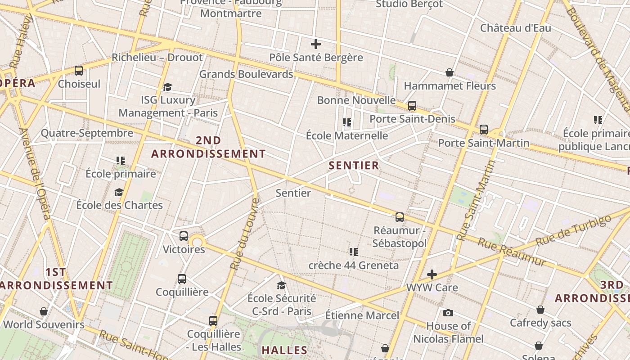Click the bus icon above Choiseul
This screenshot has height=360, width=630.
point(79,70)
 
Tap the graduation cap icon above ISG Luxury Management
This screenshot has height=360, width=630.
point(168,87)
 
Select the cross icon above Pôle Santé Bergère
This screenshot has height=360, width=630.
point(316,44)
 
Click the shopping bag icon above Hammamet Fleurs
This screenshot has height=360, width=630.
point(449,72)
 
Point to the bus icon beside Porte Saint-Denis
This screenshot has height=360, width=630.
point(412,106)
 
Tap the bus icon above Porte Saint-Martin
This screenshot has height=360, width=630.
point(484,130)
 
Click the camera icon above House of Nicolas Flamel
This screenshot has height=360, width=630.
point(448,313)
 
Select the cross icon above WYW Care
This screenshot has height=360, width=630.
point(432,274)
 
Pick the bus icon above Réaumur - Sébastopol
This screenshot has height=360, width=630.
point(400,217)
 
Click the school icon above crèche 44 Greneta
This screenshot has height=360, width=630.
point(354,252)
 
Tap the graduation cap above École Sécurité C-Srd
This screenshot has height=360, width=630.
point(282,285)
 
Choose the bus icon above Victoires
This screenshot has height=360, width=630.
point(184,236)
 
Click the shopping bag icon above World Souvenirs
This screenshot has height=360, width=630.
point(44,311)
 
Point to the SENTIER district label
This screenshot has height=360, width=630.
point(354,166)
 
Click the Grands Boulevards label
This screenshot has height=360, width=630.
point(246,74)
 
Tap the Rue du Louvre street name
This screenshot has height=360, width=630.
point(244,234)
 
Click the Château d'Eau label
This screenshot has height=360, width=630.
point(515,28)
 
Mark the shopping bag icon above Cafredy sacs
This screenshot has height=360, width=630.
point(540,310)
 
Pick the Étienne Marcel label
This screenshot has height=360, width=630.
point(362,315)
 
